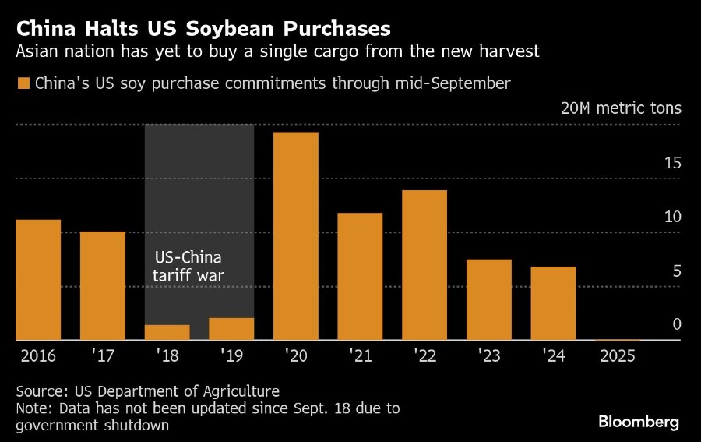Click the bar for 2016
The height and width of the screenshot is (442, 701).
pyautogui.click(x=38, y=280)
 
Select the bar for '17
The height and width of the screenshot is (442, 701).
pyautogui.click(x=102, y=286)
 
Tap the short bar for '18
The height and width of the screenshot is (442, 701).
pyautogui.click(x=167, y=333)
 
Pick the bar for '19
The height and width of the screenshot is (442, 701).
pyautogui.click(x=231, y=329)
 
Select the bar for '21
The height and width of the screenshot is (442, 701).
pyautogui.click(x=360, y=277)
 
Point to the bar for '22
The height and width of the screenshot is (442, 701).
pyautogui.click(x=424, y=265)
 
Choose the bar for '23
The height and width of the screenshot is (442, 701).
pyautogui.click(x=488, y=300)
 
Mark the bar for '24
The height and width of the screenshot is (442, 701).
pyautogui.click(x=553, y=303)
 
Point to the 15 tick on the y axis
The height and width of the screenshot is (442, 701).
pyautogui.click(x=672, y=163)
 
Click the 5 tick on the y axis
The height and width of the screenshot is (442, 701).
pyautogui.click(x=677, y=271)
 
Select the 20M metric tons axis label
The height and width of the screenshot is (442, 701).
pyautogui.click(x=621, y=108)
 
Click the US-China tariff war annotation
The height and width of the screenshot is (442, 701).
pyautogui.click(x=187, y=267)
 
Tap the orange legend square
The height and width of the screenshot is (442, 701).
pyautogui.click(x=23, y=83)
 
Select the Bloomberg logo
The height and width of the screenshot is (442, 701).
pyautogui.click(x=639, y=422)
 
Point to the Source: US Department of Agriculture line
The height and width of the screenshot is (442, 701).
pyautogui.click(x=147, y=391)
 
